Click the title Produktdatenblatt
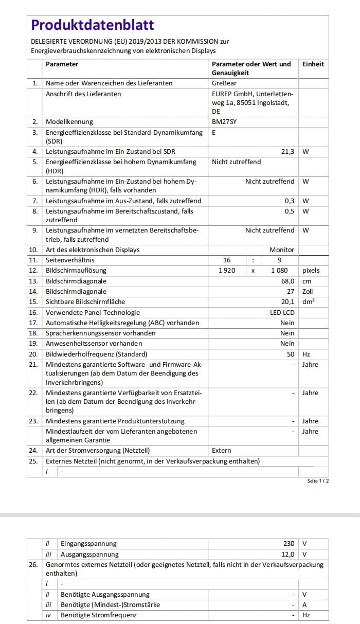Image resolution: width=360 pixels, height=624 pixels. [x=93, y=25]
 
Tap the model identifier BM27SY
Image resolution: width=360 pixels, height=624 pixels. [x=224, y=122]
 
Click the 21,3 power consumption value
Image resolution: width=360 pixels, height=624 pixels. [x=287, y=152]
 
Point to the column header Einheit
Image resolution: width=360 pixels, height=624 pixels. [x=313, y=64]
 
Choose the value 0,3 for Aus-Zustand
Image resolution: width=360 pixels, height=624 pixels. [x=290, y=201]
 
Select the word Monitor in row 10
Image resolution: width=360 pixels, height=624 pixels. [x=282, y=250]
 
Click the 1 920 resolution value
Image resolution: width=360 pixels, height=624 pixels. [x=227, y=271]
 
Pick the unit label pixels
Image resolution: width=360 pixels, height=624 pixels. [x=311, y=271]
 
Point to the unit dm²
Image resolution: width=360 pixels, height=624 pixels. [x=308, y=302]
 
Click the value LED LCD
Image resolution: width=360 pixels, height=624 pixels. [x=282, y=313]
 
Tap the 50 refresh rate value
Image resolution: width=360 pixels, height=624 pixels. [x=291, y=354]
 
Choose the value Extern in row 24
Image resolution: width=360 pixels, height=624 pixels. [x=222, y=451]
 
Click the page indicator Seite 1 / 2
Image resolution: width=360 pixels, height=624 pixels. [x=318, y=480]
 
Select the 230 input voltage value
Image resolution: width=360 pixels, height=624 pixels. [x=289, y=544]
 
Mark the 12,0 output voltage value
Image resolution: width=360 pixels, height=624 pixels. [x=288, y=555]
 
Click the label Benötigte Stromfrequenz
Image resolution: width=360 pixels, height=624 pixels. [x=99, y=615]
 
